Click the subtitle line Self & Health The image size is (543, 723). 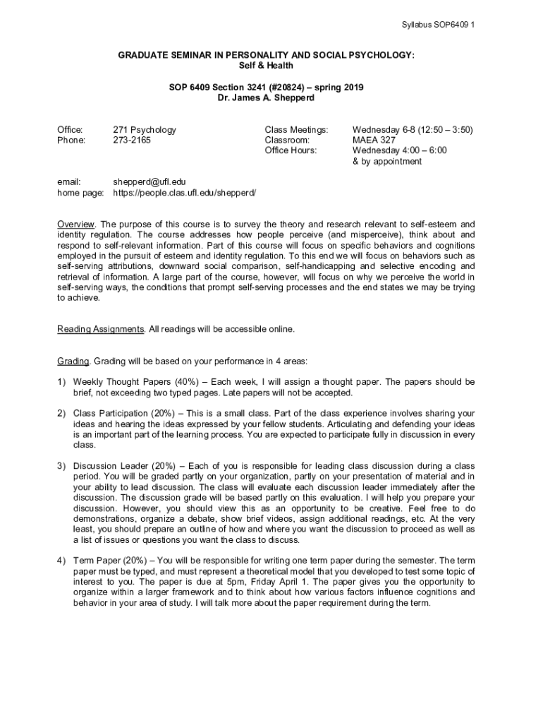[266, 66]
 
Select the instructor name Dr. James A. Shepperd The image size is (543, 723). [266, 98]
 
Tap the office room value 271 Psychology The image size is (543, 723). [145, 130]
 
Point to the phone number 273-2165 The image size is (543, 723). [132, 140]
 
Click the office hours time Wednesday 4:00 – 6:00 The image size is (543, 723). [399, 150]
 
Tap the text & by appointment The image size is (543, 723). [387, 161]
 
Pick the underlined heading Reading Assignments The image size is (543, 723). [101, 329]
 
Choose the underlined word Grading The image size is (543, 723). [73, 361]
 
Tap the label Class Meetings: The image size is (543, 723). [296, 130]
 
